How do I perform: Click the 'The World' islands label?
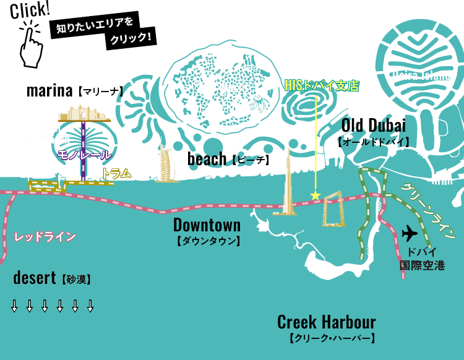tap(222, 88)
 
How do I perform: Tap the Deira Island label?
tap(421, 75)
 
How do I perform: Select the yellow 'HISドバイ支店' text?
tap(322, 86)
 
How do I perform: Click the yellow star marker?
tap(316, 195)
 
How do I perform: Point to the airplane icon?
tap(409, 233)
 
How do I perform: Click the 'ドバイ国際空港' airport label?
tap(422, 259)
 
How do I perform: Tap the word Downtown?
tap(207, 224)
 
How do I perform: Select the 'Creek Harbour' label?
tap(326, 322)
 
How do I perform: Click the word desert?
tap(35, 278)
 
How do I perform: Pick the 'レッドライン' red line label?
tap(45, 236)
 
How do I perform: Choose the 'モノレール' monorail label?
tap(84, 155)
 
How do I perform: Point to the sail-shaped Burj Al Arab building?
tap(166, 165)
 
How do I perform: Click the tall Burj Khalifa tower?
tap(287, 179)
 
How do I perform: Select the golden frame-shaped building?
tap(333, 210)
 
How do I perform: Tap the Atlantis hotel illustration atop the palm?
tap(84, 113)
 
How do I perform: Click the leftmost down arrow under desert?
tap(14, 306)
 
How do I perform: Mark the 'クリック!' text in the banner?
tap(131, 39)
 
